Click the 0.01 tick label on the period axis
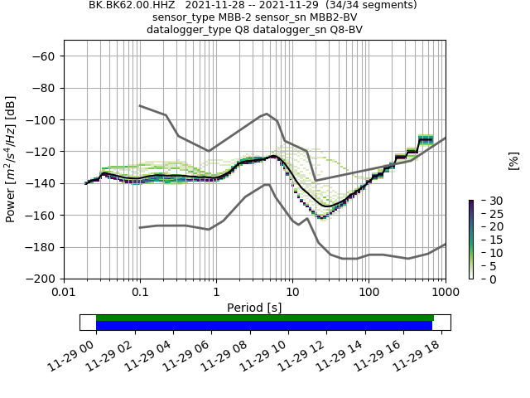coord(64,293)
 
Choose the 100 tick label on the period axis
coord(369,293)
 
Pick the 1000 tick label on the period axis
coord(445,293)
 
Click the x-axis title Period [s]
coord(254,308)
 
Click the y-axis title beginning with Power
coord(12,159)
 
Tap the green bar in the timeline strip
coord(265,318)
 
